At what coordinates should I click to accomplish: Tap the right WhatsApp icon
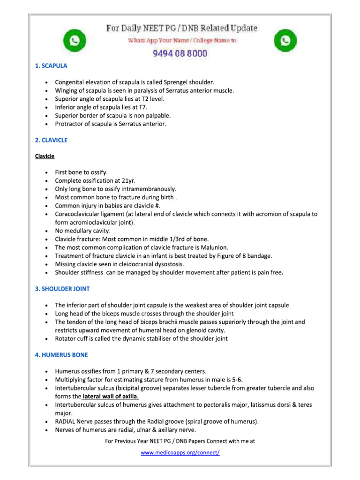285,41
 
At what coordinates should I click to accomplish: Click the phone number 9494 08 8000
180,53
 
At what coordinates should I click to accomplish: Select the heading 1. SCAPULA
51,66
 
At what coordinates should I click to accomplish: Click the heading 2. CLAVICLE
51,140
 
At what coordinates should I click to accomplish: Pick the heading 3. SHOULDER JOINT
62,289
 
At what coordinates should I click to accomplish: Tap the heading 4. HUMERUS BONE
61,355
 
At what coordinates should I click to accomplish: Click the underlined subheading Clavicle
45,156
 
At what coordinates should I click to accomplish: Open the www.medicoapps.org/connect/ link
180,452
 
